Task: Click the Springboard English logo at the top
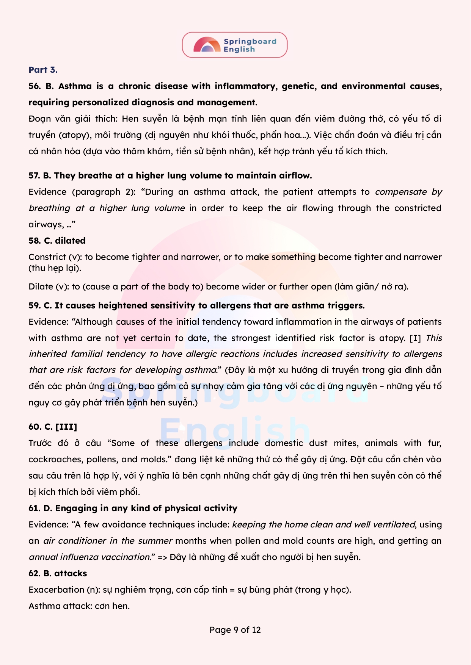(x=235, y=45)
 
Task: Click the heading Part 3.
(x=43, y=70)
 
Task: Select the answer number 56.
(x=35, y=86)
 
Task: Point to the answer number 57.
(x=34, y=176)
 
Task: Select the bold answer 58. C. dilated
(x=57, y=241)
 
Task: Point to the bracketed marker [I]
(x=415, y=338)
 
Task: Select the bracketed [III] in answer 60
(x=66, y=427)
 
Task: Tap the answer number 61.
(x=34, y=509)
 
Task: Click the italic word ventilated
(x=394, y=525)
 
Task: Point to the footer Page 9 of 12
(x=235, y=630)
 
